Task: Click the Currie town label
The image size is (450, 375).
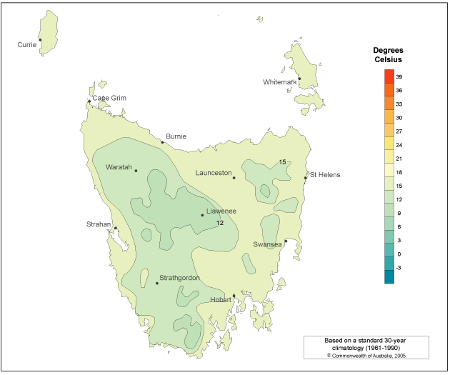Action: tap(26, 45)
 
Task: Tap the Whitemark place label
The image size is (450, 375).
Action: tap(279, 82)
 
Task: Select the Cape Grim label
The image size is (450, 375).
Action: tap(109, 98)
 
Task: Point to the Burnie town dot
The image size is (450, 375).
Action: tap(162, 142)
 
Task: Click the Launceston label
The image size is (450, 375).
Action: tap(214, 173)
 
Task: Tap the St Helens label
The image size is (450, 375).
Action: tap(325, 175)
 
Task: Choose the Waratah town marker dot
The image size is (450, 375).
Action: tap(136, 171)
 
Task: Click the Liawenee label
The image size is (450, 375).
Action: tap(221, 211)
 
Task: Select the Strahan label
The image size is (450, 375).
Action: tap(99, 224)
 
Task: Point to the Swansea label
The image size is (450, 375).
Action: tap(267, 244)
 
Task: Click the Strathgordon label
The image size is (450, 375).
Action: tap(179, 278)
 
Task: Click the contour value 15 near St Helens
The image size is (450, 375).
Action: tap(283, 162)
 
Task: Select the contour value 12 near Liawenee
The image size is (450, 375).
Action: tap(220, 224)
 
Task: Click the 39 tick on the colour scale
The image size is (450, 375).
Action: tap(399, 76)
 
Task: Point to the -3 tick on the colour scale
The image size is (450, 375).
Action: tap(399, 268)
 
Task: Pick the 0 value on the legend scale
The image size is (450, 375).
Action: tap(399, 254)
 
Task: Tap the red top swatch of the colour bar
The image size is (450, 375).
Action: tap(389, 76)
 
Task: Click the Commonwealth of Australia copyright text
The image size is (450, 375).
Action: tap(366, 354)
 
